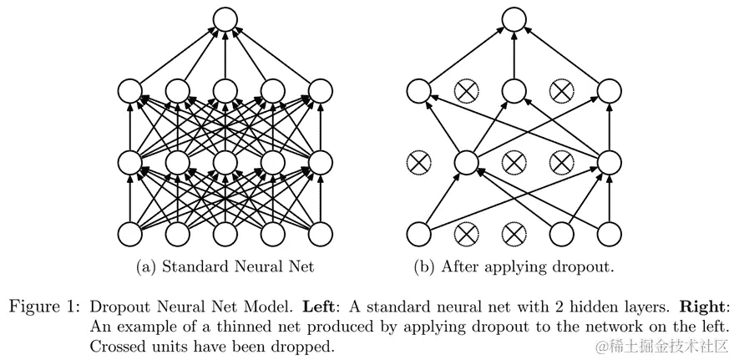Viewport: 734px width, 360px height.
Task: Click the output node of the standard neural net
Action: [224, 20]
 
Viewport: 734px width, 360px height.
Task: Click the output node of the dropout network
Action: [514, 20]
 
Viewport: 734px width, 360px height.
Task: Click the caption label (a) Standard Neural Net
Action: [225, 267]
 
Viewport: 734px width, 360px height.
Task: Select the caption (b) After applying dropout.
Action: [512, 267]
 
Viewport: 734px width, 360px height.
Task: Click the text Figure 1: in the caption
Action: [42, 305]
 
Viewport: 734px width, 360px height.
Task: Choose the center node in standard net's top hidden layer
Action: [225, 89]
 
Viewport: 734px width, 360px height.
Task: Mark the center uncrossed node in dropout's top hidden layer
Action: [514, 89]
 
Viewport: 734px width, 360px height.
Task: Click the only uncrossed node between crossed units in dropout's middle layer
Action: [466, 160]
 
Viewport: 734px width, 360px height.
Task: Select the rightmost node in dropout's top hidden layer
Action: [609, 89]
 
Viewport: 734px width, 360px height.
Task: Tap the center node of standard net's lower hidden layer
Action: [225, 160]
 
